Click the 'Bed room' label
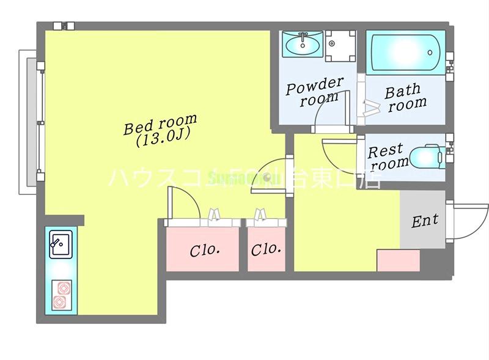(x=160, y=123)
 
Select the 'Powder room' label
(x=315, y=91)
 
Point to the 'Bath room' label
(x=405, y=98)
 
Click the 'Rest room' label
(x=388, y=156)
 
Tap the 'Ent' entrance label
(x=424, y=221)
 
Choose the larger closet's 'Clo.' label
(x=204, y=250)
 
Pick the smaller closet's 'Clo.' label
(x=267, y=249)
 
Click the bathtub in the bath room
(x=405, y=52)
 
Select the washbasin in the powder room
(x=302, y=43)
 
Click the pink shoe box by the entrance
(x=399, y=260)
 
